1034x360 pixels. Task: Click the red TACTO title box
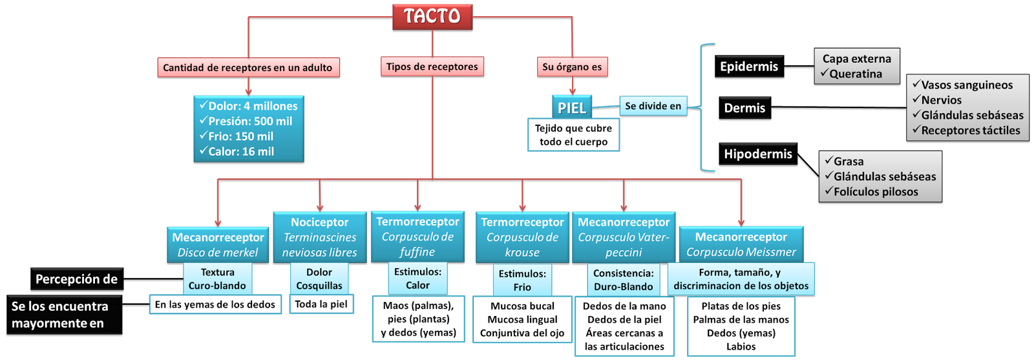coord(432,17)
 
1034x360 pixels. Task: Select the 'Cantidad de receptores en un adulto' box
coord(248,67)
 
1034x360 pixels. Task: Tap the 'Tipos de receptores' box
coord(432,67)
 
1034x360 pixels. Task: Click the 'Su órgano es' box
coord(572,67)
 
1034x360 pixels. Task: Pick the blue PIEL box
coord(572,107)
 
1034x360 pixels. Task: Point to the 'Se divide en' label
coord(653,106)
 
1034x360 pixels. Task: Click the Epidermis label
coord(749,67)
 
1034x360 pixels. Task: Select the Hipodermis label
coord(757,154)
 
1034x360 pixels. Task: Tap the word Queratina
coord(856,74)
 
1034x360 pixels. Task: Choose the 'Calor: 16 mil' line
coord(241,151)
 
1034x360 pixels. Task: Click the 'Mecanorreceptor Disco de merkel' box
coord(218,244)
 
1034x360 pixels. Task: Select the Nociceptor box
coord(319,237)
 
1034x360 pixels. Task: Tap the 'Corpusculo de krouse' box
coord(522,237)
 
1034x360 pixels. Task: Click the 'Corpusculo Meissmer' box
coord(741,244)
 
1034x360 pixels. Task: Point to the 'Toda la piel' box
coord(321,304)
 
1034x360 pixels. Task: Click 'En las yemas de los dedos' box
coord(215,304)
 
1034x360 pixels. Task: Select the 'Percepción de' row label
coord(76,279)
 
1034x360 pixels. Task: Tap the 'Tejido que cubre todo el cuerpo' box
coord(573,135)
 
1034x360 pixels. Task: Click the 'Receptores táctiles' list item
coord(971,131)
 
